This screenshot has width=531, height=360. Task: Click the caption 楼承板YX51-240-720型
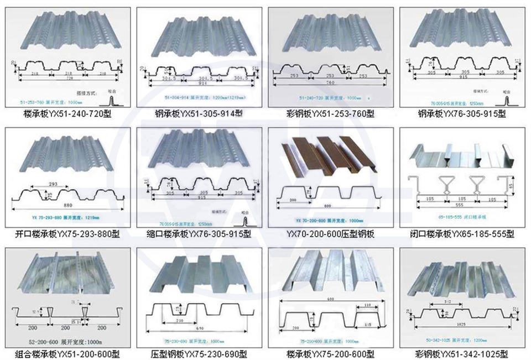[x=69, y=114]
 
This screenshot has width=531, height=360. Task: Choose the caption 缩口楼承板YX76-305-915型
[x=200, y=234]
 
